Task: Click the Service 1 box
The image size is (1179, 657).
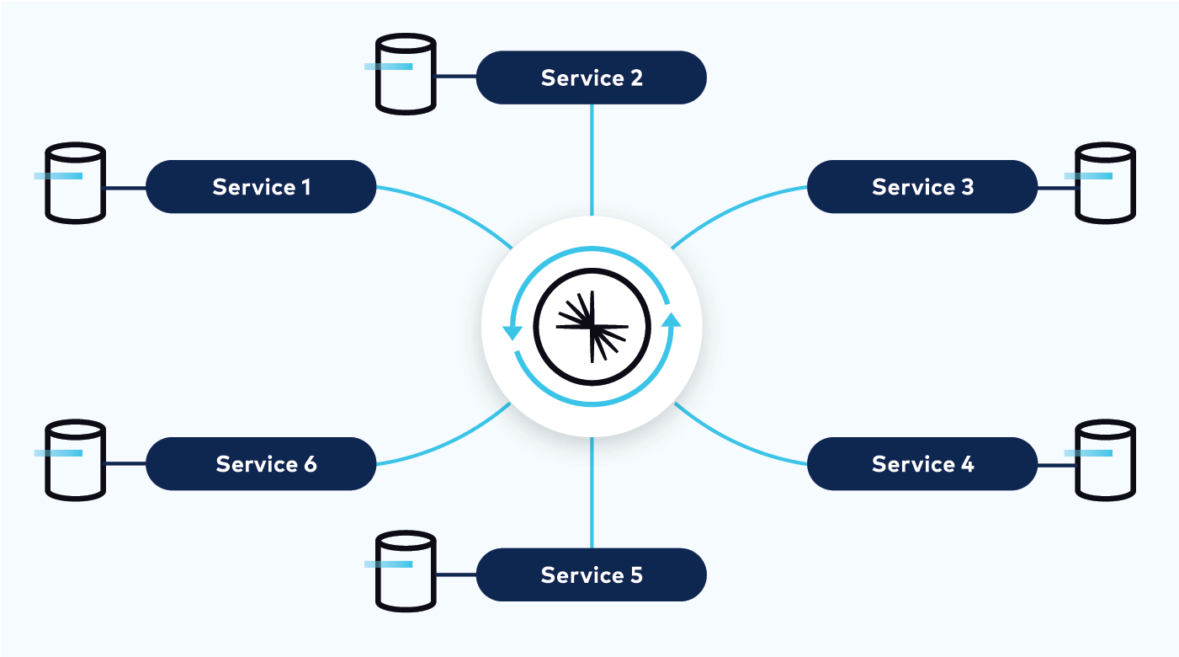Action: (x=261, y=186)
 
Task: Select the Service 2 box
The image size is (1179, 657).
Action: (x=592, y=77)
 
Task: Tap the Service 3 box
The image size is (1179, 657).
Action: (x=922, y=186)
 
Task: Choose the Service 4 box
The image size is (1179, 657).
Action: (x=922, y=463)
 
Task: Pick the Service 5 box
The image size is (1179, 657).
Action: (x=592, y=574)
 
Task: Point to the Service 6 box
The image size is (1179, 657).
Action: (x=261, y=463)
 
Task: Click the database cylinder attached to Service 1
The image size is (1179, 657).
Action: (x=75, y=184)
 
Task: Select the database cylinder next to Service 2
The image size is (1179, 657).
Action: (x=406, y=76)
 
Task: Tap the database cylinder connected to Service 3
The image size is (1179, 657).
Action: (x=1106, y=184)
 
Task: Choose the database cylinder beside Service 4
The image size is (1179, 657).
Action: (x=1106, y=461)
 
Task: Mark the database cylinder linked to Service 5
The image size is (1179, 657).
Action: (x=406, y=572)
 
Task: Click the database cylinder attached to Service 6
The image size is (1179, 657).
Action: (x=75, y=461)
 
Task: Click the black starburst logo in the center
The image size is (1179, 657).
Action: (x=592, y=326)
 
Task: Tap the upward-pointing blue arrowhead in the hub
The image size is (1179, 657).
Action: (x=671, y=318)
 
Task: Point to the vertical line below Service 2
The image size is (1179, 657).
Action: (x=592, y=160)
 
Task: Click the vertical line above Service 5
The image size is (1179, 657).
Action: (x=592, y=493)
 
